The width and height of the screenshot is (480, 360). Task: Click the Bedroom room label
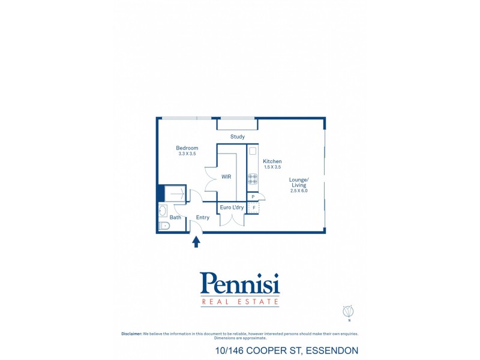pos(187,148)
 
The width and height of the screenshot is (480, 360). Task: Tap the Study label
pos(238,137)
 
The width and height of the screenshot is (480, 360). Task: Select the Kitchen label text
pos(272,161)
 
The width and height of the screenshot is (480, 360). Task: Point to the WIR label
pos(226,176)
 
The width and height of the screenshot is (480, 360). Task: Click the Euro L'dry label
pos(232,207)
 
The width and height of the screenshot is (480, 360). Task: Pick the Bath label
pos(175,217)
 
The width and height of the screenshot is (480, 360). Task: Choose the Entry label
pos(203,217)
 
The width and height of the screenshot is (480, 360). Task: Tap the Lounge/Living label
pos(299,182)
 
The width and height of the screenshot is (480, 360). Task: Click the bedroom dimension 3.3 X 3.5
pos(187,154)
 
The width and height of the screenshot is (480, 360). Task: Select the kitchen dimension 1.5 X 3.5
pos(272,167)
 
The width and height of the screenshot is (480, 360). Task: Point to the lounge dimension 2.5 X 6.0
pos(299,190)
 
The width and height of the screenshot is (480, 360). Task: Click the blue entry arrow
pos(196,242)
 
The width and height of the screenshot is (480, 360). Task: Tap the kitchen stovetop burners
pos(253,179)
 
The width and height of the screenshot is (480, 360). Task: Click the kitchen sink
pos(253,151)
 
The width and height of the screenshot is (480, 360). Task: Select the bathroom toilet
pos(164,226)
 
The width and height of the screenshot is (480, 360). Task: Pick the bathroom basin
pos(163,211)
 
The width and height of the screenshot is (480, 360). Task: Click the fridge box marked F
pos(253,208)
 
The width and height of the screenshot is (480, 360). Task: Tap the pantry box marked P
pos(253,197)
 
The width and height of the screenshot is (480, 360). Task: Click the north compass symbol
pos(349,311)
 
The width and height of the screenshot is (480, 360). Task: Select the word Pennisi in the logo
pos(239,283)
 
